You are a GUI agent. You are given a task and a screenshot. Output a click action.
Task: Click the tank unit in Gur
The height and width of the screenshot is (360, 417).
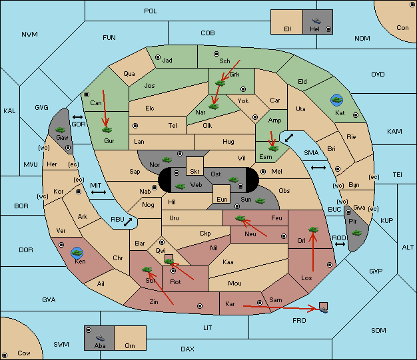[x=107, y=130]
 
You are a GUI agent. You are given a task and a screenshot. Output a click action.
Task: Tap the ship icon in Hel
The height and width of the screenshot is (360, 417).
[x=316, y=21]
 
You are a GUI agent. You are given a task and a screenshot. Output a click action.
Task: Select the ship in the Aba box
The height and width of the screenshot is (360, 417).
[x=101, y=338]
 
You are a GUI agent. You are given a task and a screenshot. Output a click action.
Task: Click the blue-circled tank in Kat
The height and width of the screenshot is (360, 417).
[x=336, y=100]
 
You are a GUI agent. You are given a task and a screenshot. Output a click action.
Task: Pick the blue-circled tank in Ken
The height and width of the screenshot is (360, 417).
[x=77, y=253]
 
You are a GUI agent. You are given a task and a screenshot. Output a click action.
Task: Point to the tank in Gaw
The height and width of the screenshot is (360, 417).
[x=61, y=130]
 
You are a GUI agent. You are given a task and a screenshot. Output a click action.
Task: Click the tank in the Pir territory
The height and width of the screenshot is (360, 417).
[x=356, y=233]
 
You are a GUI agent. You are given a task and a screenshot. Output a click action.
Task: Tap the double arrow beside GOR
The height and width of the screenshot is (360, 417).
[x=78, y=117]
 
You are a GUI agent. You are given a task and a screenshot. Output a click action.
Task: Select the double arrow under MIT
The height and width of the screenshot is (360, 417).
[x=99, y=192]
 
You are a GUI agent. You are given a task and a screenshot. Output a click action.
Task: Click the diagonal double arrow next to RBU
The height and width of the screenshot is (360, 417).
[x=128, y=222]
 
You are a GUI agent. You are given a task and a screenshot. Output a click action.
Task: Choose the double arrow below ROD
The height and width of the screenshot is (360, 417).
[x=340, y=244]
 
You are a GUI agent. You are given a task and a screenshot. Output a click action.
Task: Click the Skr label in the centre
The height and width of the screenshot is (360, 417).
[x=195, y=172]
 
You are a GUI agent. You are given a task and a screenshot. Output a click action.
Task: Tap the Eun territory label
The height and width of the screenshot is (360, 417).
[x=222, y=199]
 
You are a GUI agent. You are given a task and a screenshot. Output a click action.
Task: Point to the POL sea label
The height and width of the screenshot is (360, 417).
[x=151, y=11]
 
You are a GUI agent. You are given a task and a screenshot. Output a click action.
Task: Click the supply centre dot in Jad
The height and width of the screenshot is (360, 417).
[x=158, y=57]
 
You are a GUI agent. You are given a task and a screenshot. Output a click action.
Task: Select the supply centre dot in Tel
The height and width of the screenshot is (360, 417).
[x=135, y=126]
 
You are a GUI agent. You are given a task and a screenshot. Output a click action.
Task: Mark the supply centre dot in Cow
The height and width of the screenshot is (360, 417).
[x=5, y=355]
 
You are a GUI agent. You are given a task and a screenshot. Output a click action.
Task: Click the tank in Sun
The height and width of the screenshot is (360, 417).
[x=260, y=201]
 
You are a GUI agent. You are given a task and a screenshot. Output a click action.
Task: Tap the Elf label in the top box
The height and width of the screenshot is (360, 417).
[x=288, y=29]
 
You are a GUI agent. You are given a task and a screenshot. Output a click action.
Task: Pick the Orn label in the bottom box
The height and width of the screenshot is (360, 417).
[x=130, y=345]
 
